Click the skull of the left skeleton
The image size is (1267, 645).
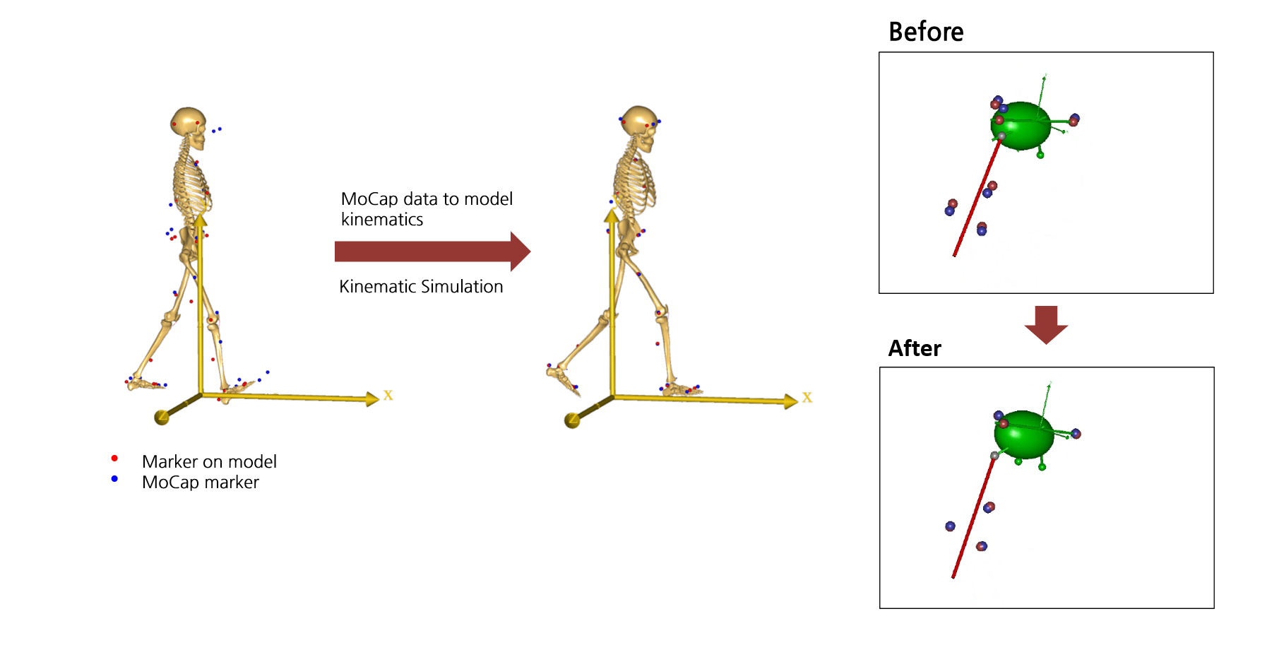point(188,122)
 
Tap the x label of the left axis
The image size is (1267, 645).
point(388,395)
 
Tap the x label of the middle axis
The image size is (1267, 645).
point(807,398)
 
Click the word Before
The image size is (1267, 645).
point(925,32)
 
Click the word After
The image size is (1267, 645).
point(915,348)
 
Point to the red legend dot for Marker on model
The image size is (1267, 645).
point(114,458)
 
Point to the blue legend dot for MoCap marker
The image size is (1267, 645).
point(114,479)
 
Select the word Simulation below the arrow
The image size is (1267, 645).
point(462,287)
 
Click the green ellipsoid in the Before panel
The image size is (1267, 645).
point(1021,126)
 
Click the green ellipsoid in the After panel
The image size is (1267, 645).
point(1025,434)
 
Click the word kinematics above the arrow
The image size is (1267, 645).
point(382,220)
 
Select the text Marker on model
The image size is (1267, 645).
point(209,461)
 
